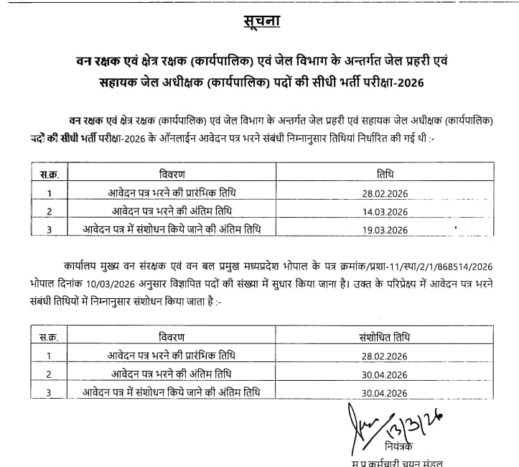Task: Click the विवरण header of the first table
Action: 172,175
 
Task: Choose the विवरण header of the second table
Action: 172,337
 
